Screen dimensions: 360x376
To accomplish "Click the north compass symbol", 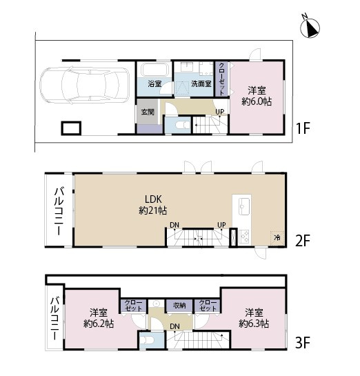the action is point(310,27).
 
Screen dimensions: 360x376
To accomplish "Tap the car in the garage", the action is point(84,86).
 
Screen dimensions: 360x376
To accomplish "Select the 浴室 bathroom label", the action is point(154,84).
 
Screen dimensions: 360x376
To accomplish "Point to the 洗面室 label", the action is point(201,83).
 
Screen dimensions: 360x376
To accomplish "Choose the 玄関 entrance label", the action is point(148,112).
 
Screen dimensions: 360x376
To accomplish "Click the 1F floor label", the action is point(303,128).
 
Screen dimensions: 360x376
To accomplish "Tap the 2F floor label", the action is point(303,241).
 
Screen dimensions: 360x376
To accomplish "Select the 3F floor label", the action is point(303,342).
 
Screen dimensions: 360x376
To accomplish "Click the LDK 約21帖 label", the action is point(153,204).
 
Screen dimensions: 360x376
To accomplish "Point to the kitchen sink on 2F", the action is point(244,206).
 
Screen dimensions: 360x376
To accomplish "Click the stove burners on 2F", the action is point(244,237).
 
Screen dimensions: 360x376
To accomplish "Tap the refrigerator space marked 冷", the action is point(277,238).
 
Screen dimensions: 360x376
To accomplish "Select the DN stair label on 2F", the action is point(174,225).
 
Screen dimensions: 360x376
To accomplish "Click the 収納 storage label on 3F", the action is point(179,305).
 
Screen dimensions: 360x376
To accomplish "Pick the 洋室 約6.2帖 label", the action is point(99,318).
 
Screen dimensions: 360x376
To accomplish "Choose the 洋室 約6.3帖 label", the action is point(254,318).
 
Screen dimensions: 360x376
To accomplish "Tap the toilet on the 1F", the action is point(182,125).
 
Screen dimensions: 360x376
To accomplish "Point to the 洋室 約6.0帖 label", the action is point(257,96).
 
